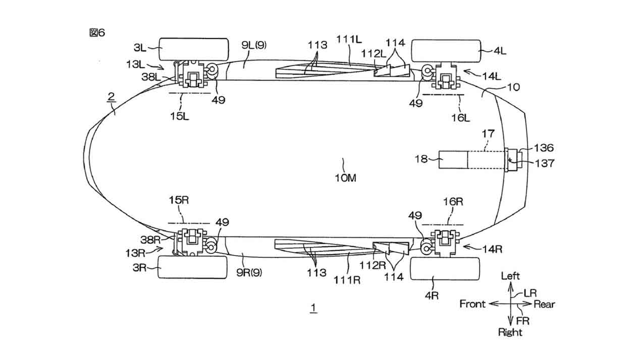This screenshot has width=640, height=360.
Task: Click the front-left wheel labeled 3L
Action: (x=194, y=49)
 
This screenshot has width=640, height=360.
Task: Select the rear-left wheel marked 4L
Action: (x=446, y=51)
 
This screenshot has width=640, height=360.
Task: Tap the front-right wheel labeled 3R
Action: (x=193, y=267)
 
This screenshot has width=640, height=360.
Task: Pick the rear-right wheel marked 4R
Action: (x=445, y=269)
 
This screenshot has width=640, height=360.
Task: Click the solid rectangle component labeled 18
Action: (x=453, y=160)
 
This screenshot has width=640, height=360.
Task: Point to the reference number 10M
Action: (x=345, y=178)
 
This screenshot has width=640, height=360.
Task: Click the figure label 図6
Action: (x=97, y=33)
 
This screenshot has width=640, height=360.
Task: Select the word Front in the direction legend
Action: (x=472, y=304)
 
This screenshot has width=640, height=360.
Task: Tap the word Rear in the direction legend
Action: (x=544, y=304)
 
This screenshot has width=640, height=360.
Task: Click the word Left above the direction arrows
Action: (x=510, y=276)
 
